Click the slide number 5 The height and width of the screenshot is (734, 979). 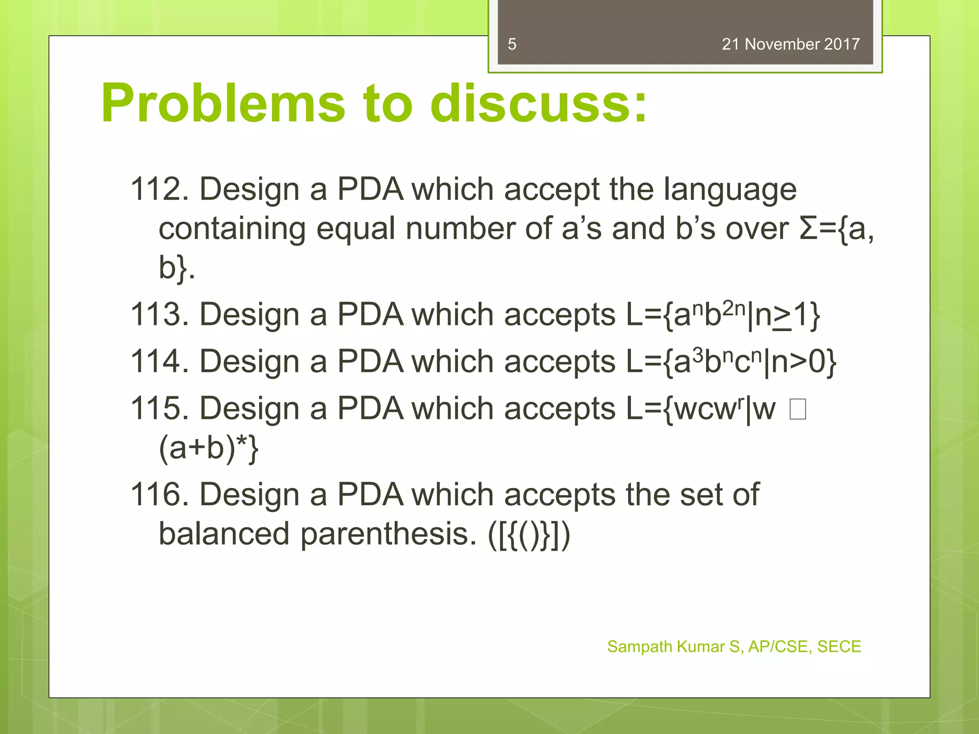[x=512, y=44]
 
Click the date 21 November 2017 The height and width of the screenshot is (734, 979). [x=790, y=44]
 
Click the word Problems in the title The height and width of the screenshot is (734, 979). [x=223, y=104]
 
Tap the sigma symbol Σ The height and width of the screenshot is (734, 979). [x=808, y=228]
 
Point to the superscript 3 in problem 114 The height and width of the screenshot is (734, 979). [x=698, y=355]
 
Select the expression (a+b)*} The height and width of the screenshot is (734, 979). [x=208, y=448]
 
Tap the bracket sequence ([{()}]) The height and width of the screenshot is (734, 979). [x=529, y=534]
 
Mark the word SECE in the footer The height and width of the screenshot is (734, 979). [x=839, y=647]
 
